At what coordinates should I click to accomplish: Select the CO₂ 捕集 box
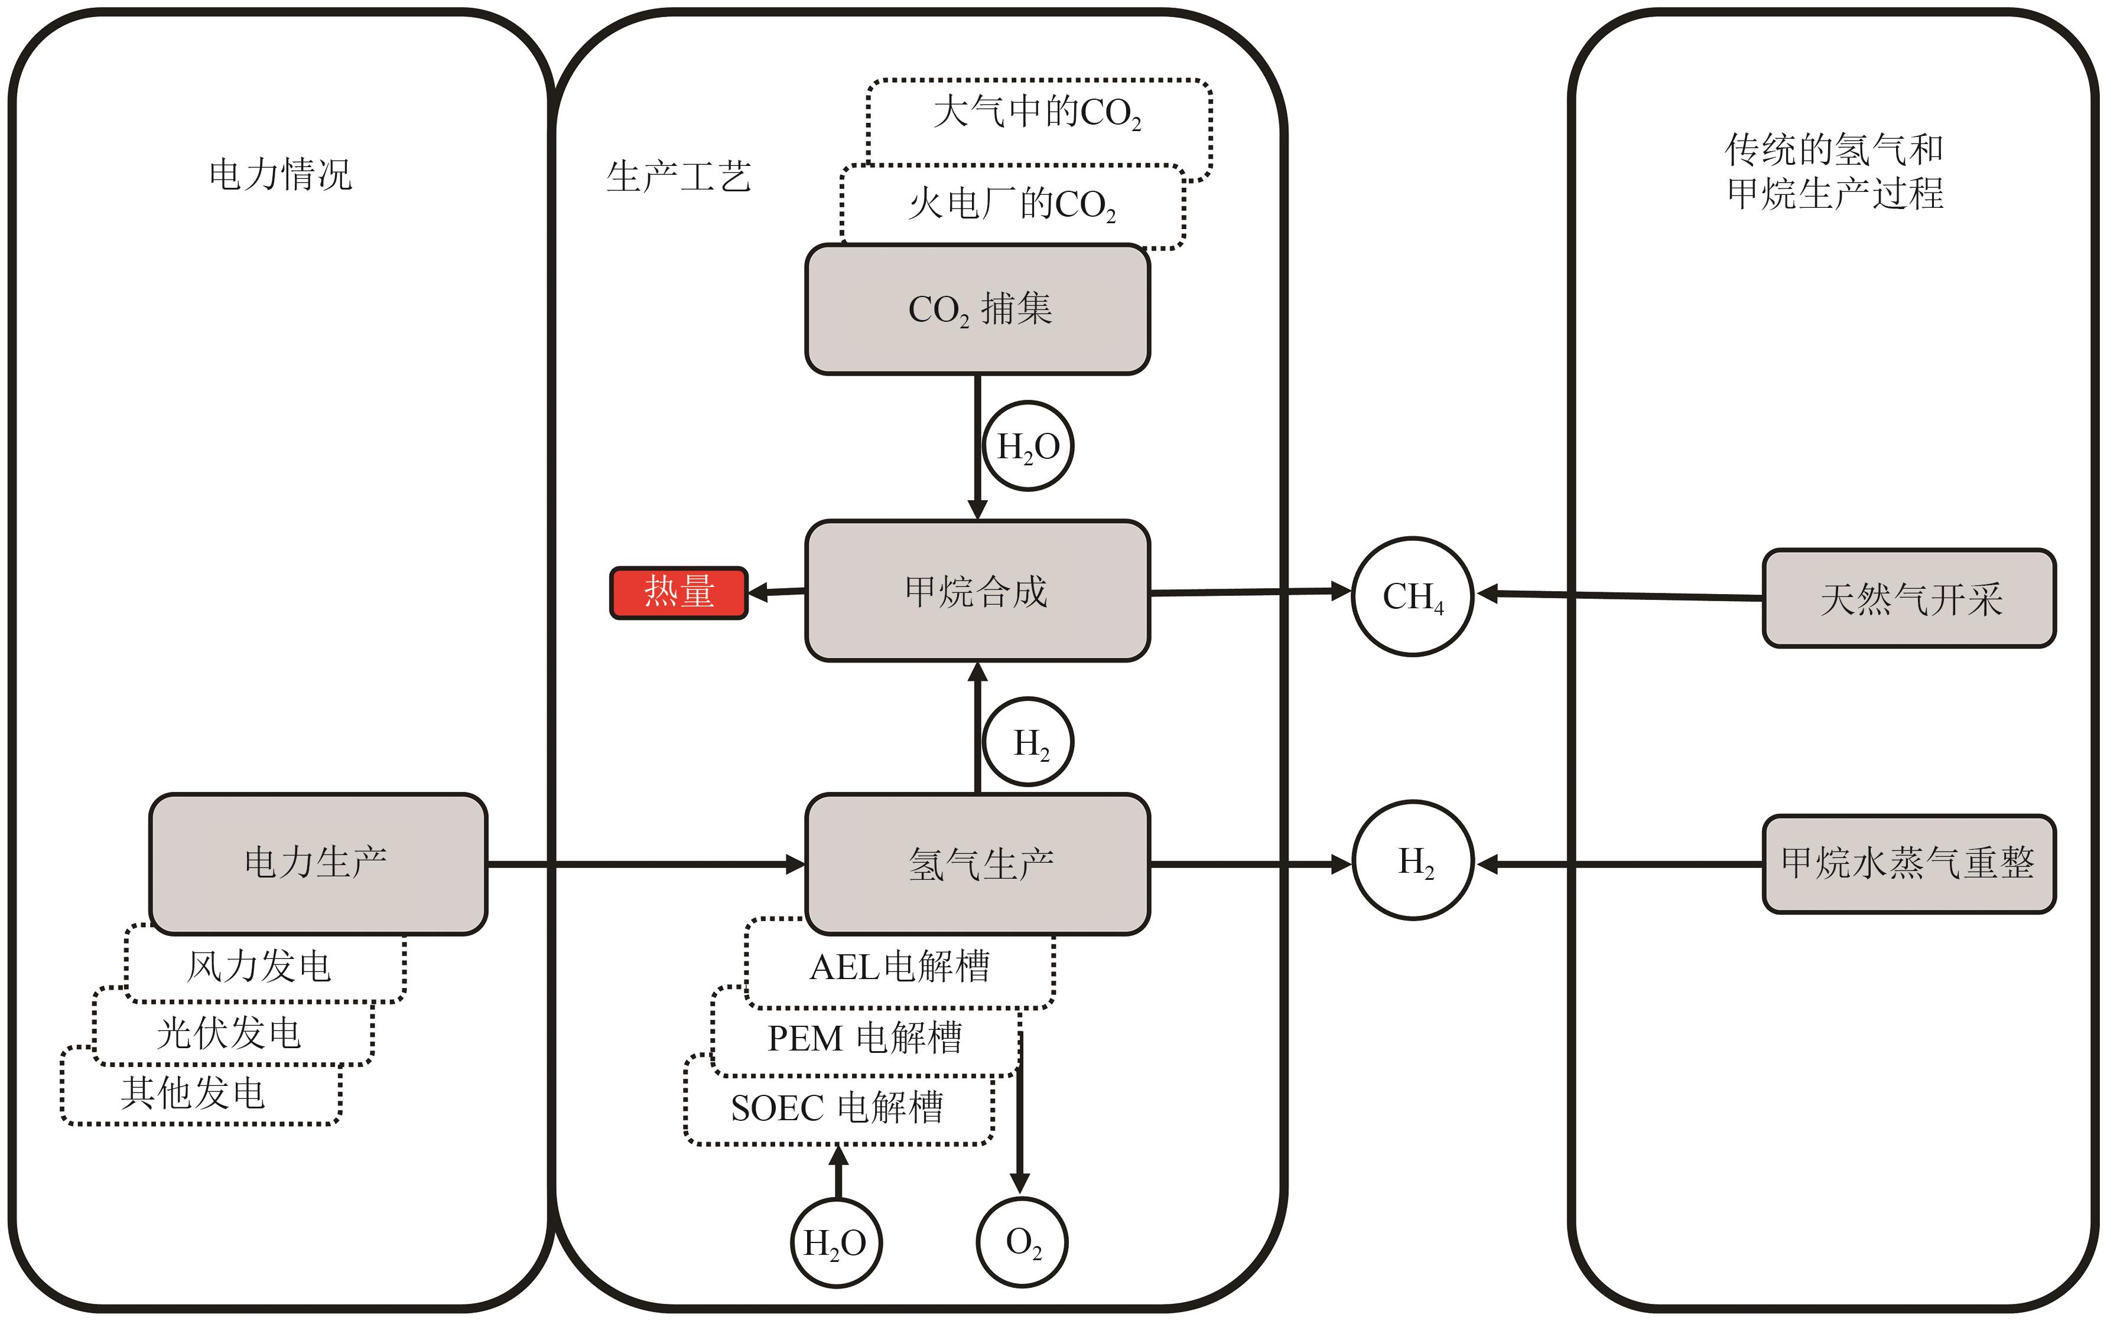click(x=977, y=309)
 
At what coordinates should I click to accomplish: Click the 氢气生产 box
click(x=977, y=863)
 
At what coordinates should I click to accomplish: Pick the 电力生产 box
click(x=318, y=863)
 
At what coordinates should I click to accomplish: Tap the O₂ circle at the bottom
click(x=1022, y=1241)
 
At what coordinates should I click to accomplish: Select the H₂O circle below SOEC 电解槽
click(x=835, y=1241)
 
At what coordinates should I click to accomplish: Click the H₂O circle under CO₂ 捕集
click(x=1029, y=446)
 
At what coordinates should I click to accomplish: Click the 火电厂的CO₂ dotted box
click(x=1012, y=204)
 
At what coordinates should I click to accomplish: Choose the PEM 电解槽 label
click(x=864, y=1039)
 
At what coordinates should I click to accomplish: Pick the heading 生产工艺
click(x=679, y=177)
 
